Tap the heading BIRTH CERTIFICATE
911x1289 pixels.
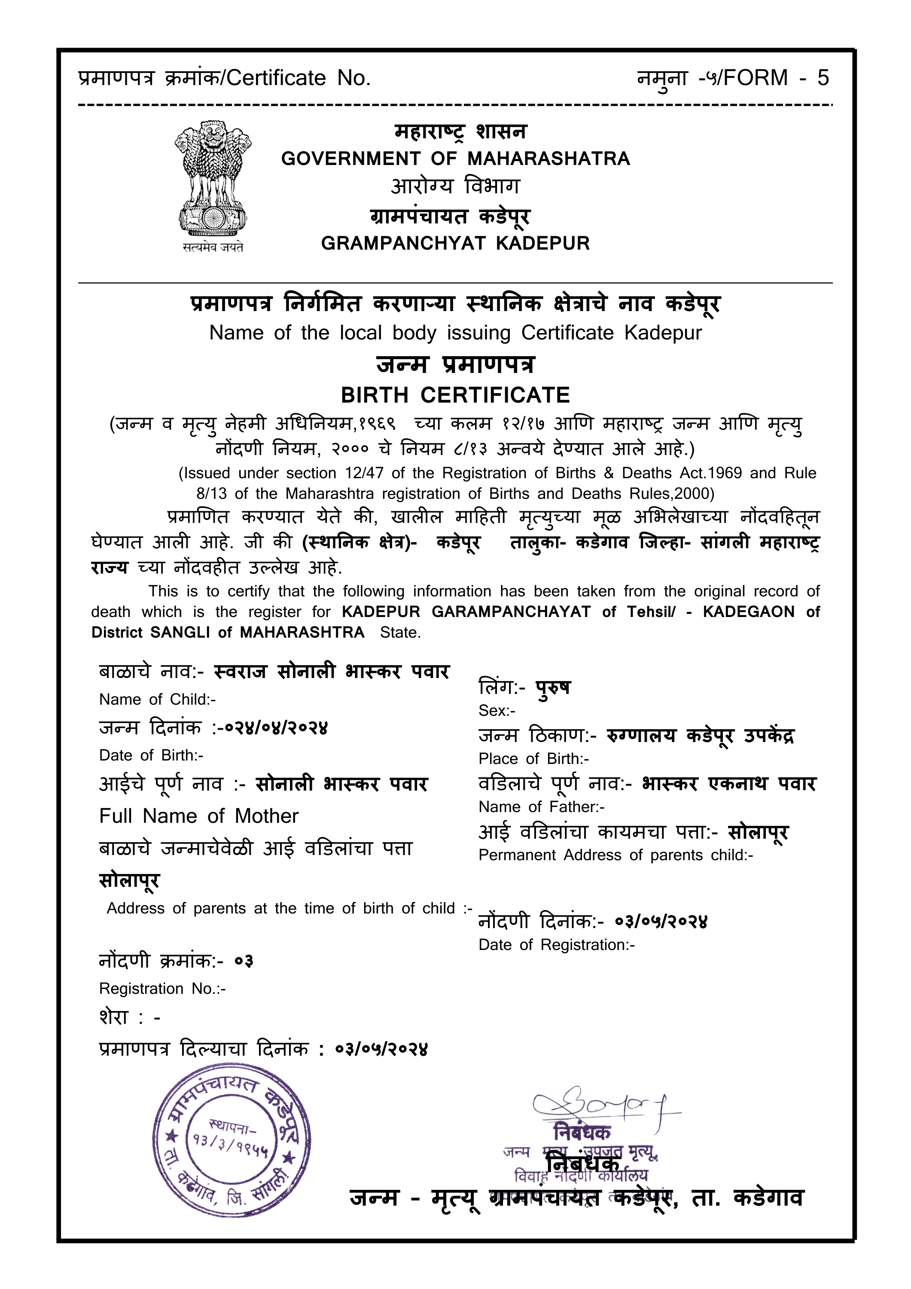point(455,395)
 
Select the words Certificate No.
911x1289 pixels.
point(298,78)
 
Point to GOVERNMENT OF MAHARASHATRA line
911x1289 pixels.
point(455,159)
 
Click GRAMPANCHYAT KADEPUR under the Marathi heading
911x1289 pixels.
point(455,243)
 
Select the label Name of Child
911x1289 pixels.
point(157,699)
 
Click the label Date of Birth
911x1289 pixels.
point(151,755)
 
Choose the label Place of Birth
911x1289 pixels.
point(533,759)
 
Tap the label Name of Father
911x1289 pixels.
point(541,807)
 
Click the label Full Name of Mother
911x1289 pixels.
point(199,816)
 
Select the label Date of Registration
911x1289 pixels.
point(556,945)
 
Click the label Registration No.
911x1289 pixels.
point(162,989)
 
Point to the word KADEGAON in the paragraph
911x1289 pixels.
point(748,612)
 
